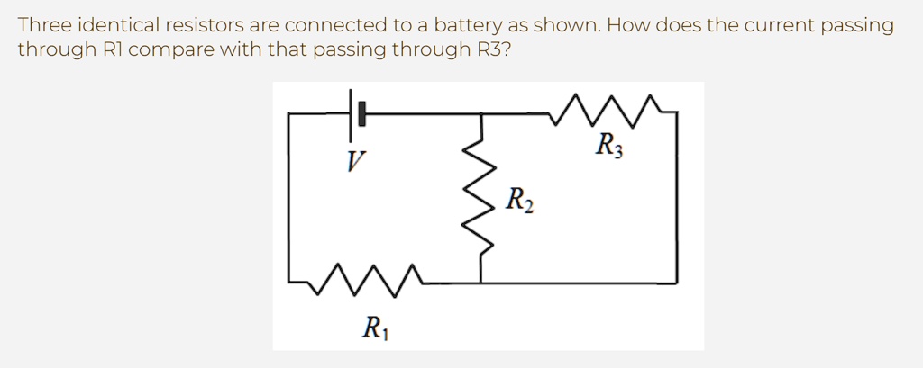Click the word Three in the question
tap(43, 25)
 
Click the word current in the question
tap(780, 25)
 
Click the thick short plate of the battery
tap(361, 113)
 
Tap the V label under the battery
tap(356, 163)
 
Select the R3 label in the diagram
tap(608, 145)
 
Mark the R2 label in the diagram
tap(519, 200)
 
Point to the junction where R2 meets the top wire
tap(480, 114)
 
